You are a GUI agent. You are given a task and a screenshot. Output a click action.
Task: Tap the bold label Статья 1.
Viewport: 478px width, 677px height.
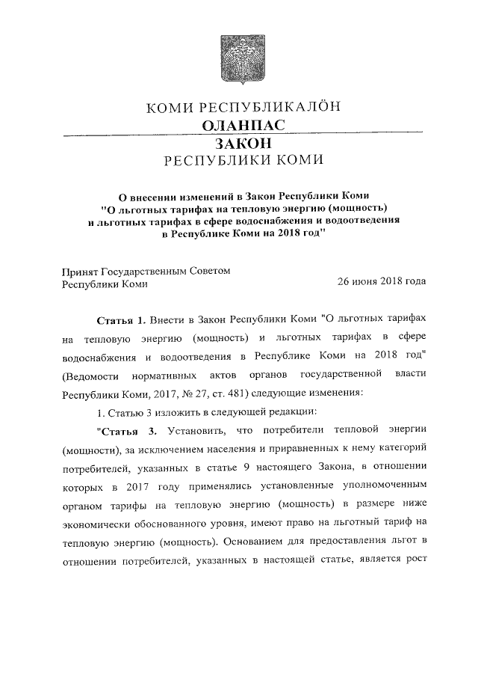121,320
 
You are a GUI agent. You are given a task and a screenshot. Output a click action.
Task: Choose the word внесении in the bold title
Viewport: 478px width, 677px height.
157,195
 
